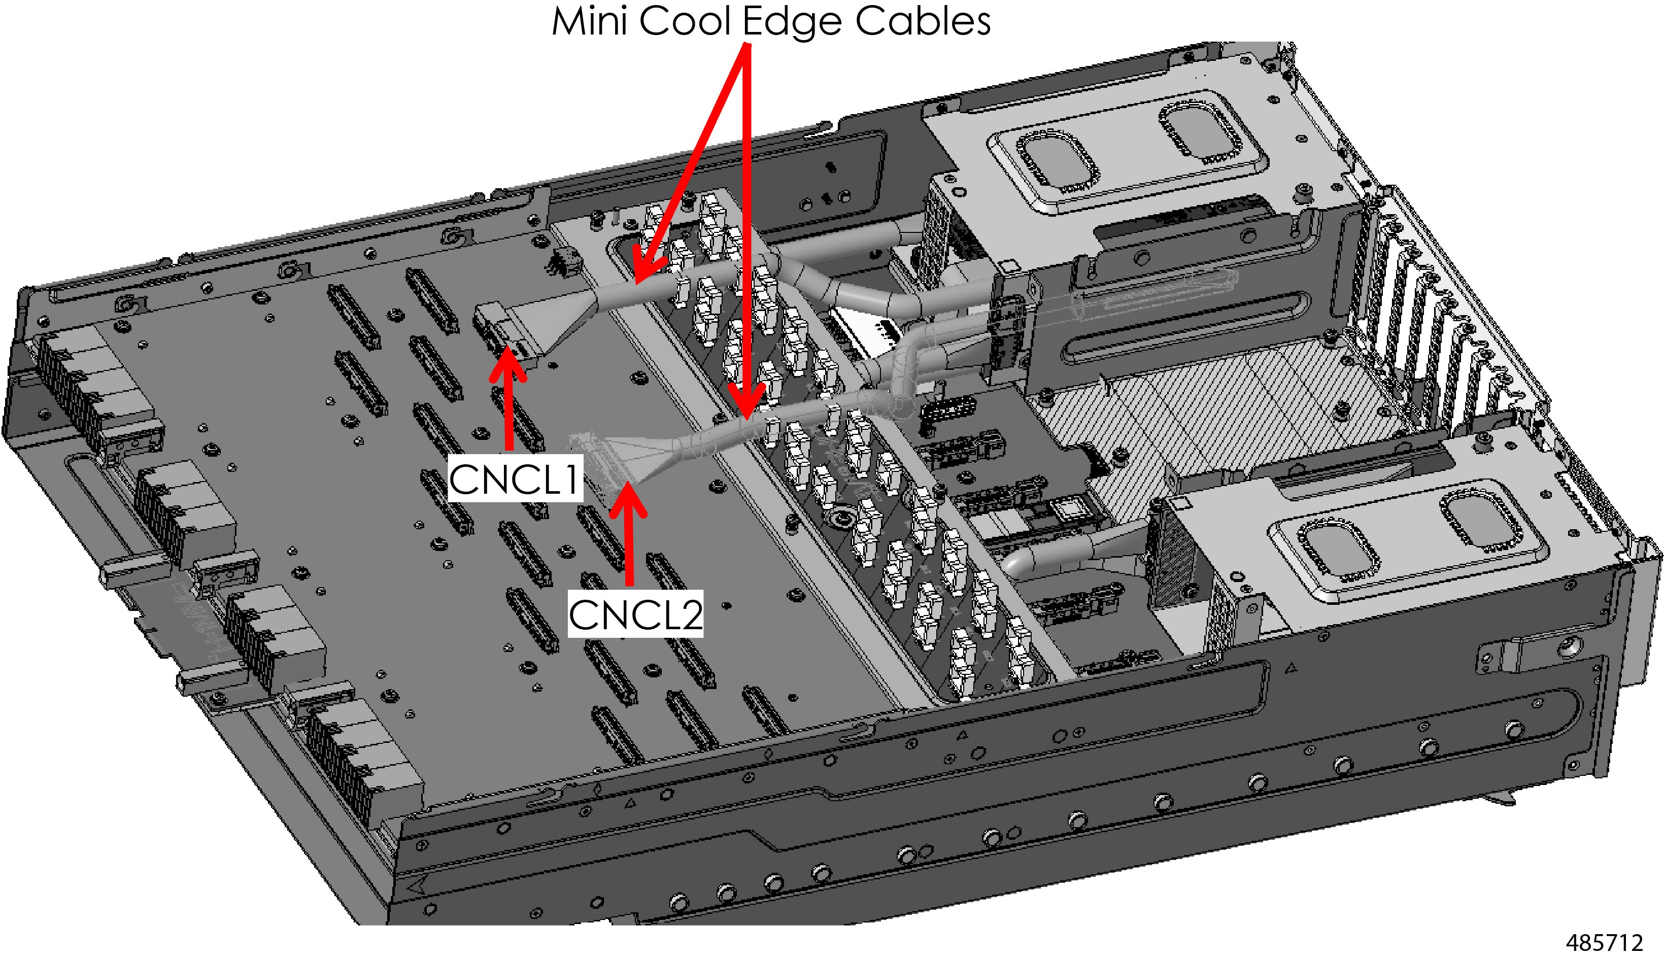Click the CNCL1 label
(x=515, y=478)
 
